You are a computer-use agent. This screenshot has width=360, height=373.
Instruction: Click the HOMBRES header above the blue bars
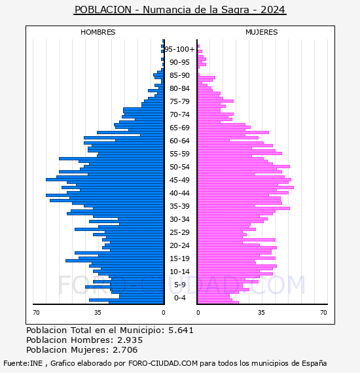coord(98,32)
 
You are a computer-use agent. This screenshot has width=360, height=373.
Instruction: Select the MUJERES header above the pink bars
coord(262,32)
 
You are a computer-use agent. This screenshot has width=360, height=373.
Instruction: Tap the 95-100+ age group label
coord(179,49)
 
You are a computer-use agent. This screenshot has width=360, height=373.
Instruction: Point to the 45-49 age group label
coord(179,180)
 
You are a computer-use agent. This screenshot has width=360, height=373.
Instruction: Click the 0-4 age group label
coord(179,298)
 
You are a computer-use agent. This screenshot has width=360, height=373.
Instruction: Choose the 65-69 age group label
coord(179,128)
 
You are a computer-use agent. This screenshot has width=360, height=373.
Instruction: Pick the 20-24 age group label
coord(179,245)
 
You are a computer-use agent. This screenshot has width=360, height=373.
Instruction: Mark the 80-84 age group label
coord(179,88)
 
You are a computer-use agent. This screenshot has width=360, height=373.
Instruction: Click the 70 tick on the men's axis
coord(36,313)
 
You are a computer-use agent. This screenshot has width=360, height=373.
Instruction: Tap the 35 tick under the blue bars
coord(98,313)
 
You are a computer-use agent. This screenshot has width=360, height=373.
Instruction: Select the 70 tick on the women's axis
coord(323,313)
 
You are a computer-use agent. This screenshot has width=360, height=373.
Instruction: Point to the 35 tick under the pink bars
coord(261,313)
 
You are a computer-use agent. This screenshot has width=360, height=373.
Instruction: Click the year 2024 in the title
coord(273,10)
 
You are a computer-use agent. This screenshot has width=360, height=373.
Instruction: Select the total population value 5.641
coord(181,330)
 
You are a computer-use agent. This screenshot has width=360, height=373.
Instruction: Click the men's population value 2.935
coord(130,340)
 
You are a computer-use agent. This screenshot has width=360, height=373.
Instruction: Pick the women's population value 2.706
coord(125,349)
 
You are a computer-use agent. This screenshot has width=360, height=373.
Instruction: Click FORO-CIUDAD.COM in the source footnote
coord(163,363)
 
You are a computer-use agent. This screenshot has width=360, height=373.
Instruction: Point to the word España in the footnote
coord(314,363)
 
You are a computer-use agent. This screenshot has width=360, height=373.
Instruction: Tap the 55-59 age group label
coord(179,154)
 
